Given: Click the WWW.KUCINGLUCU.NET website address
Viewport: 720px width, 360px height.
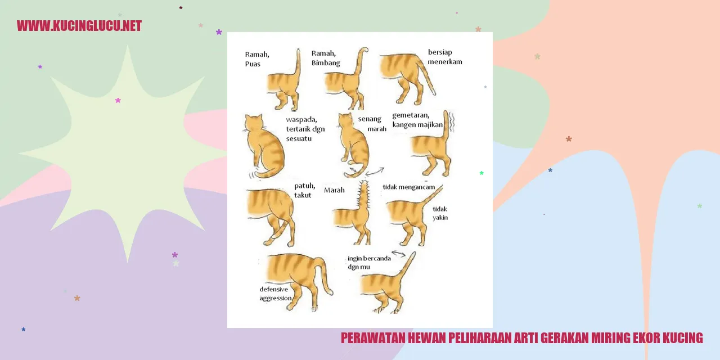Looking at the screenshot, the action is (79, 26).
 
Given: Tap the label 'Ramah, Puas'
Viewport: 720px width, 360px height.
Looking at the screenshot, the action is (257, 59).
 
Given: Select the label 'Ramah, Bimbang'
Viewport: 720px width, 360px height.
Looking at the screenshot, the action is (326, 58).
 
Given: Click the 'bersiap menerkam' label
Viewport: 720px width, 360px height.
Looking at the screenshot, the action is (445, 57).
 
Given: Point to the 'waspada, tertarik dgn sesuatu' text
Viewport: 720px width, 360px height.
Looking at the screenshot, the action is (305, 129).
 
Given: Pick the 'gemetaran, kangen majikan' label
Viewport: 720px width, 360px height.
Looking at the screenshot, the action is (417, 120).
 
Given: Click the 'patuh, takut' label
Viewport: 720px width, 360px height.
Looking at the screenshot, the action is (305, 191).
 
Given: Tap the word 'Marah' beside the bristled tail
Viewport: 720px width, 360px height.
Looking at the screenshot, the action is (334, 190).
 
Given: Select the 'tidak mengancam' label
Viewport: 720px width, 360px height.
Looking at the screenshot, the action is (408, 187).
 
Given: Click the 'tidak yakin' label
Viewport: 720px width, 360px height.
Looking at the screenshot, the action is (440, 213).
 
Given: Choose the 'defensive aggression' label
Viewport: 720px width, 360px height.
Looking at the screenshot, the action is (276, 294).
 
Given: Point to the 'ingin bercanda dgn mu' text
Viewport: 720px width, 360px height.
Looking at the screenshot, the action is (369, 263).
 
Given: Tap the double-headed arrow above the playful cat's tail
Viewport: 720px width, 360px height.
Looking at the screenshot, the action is (399, 254).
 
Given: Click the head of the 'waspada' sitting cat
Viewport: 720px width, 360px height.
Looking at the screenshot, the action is (254, 123).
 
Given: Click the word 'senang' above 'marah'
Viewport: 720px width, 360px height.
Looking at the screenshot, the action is (370, 119).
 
